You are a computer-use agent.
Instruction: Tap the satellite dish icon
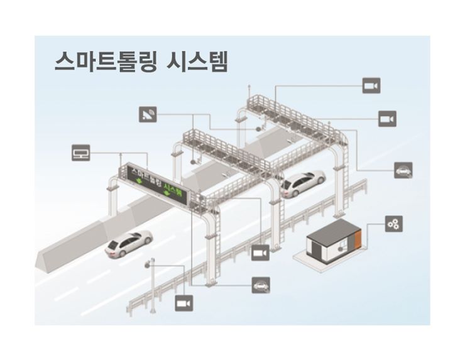[149, 114]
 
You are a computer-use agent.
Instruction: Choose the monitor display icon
[82, 153]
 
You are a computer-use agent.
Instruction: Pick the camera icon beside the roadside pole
[184, 303]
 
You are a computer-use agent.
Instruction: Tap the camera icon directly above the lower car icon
[260, 253]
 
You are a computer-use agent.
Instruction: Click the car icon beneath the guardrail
[260, 286]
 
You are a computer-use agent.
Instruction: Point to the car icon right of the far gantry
[403, 169]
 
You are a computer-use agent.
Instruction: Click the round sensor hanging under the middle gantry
[193, 161]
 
